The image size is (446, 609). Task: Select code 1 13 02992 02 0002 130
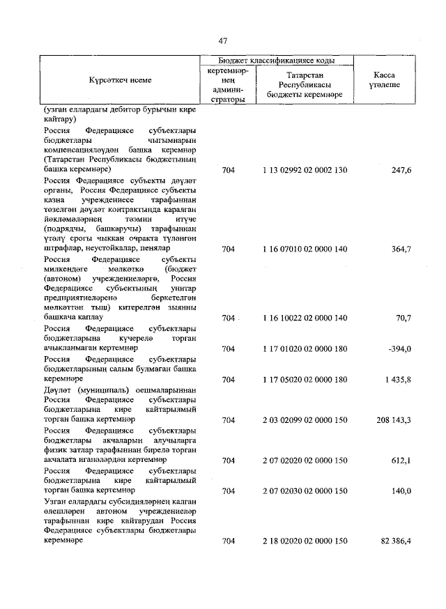click(305, 170)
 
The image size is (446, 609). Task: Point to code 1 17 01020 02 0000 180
click(305, 348)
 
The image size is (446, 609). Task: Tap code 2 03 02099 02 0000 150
click(305, 420)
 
